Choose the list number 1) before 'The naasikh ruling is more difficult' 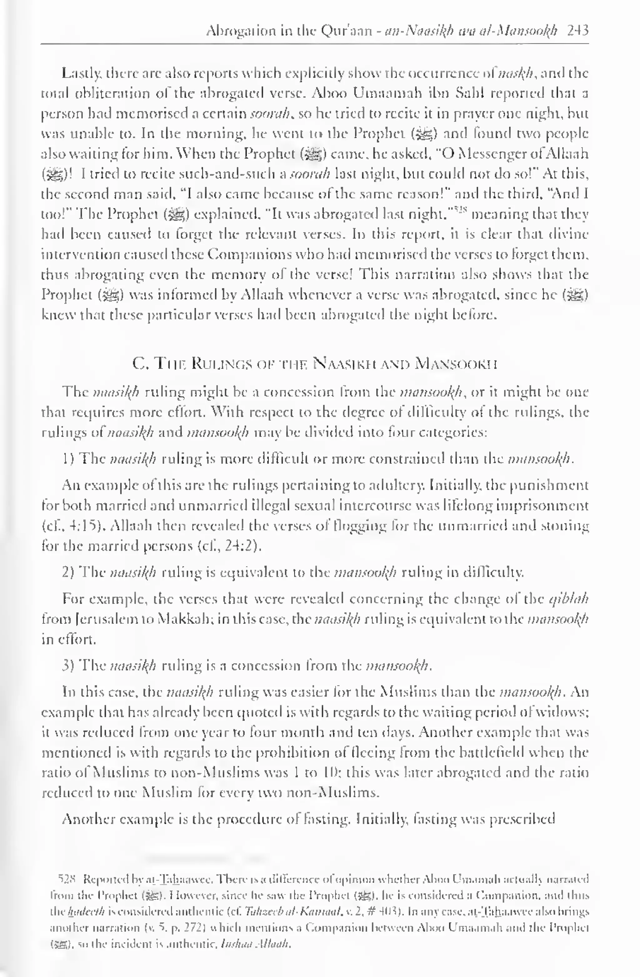(68, 458)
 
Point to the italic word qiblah (569, 599)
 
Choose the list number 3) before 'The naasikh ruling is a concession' (68, 665)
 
